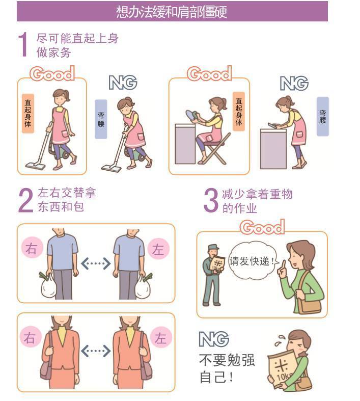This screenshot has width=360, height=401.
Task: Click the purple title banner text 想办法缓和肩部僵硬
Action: pos(172,12)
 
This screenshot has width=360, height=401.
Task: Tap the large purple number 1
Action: pos(23,44)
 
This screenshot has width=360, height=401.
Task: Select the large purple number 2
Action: pos(25,200)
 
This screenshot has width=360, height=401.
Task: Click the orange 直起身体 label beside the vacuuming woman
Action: pos(28,113)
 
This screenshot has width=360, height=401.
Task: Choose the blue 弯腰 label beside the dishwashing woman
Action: pos(323,116)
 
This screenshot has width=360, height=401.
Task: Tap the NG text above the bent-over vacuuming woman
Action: pos(123,83)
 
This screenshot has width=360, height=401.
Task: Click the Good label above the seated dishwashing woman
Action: pos(209,74)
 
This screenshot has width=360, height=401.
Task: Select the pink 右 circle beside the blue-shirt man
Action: pos(32,248)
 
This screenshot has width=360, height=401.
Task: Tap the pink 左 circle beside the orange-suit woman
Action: pos(160,337)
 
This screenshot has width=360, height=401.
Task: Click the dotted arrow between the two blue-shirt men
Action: pos(96,263)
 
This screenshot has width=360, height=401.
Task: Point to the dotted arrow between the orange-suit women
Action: pos(96,351)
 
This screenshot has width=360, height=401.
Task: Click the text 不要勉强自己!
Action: pos(227,368)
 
